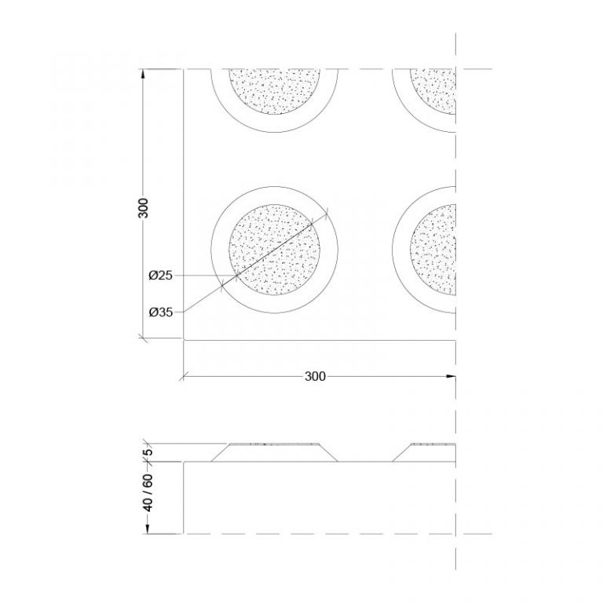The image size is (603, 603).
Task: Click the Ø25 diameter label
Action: click(x=160, y=276)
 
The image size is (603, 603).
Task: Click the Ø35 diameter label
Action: click(x=160, y=312)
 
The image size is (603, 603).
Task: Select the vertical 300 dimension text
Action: click(x=143, y=208)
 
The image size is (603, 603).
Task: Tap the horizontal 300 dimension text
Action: click(x=315, y=376)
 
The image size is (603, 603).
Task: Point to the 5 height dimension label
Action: click(x=148, y=451)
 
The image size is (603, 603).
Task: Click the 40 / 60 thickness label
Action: click(x=148, y=493)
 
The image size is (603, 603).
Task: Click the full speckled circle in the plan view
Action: click(x=274, y=250)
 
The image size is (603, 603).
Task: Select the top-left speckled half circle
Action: click(x=274, y=92)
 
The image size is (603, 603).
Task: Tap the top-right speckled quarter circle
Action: click(x=433, y=92)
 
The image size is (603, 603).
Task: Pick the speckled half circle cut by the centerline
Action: click(x=433, y=250)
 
